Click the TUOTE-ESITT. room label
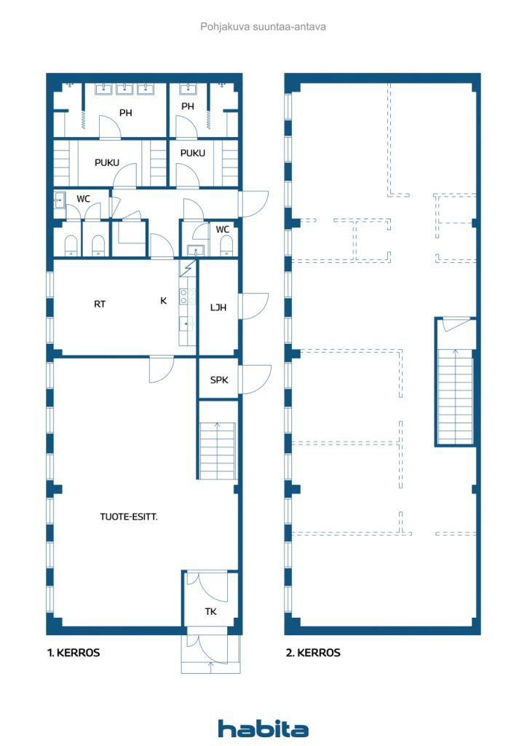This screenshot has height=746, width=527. tap(129, 517)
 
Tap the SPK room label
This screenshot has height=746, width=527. tap(219, 380)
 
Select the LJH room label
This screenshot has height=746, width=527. tap(218, 307)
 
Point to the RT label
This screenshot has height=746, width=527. tap(99, 304)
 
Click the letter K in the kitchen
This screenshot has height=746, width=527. tap(164, 301)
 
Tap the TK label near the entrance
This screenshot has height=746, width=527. tap(211, 611)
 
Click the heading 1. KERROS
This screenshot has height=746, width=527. tap(74, 652)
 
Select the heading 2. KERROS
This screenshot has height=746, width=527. tap(313, 652)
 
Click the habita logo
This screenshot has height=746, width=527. tap(263, 729)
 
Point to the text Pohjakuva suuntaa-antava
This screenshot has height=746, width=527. tap(263, 27)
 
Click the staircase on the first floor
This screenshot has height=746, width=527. tap(217, 450)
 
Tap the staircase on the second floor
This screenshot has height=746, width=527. tap(455, 397)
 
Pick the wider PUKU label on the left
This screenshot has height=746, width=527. tap(107, 162)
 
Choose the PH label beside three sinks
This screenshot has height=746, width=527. tap(125, 113)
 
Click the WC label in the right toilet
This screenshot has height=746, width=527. tap(223, 229)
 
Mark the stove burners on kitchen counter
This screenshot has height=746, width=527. tap(187, 297)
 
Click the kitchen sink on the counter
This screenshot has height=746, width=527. tap(187, 323)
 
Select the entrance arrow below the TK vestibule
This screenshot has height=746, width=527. tap(211, 667)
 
